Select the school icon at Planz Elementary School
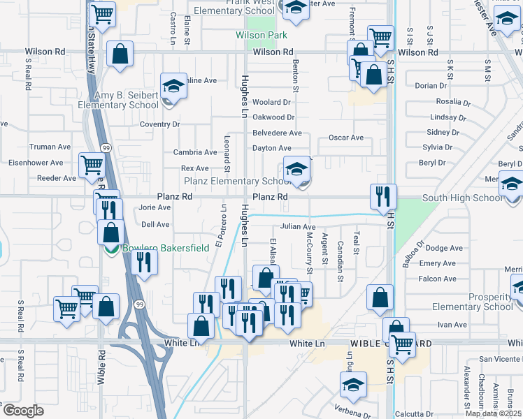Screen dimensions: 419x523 [296, 170]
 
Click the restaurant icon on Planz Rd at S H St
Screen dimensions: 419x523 [383, 197]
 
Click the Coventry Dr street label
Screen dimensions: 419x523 [159, 124]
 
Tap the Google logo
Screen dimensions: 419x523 [23, 410]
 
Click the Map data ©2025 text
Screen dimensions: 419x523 [493, 413]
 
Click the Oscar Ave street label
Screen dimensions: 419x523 [346, 138]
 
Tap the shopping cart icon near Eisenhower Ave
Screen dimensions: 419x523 [92, 166]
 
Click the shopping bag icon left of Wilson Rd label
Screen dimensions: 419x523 [120, 53]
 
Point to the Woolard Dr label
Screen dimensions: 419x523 [271, 103]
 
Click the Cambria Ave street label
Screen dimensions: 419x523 [195, 152]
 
